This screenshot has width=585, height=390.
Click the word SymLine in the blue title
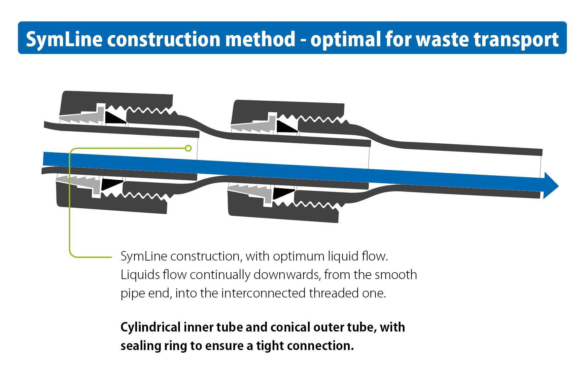(x=64, y=39)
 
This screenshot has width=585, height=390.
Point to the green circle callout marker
(x=188, y=148)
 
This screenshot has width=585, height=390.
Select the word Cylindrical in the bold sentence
(x=151, y=327)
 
